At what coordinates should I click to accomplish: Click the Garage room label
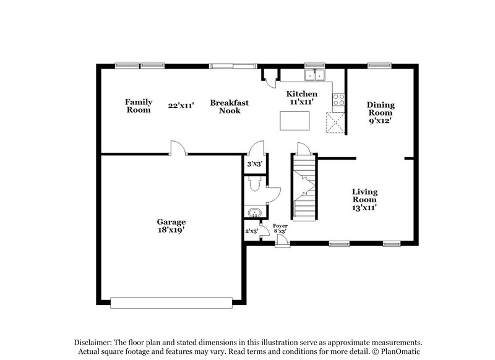171,221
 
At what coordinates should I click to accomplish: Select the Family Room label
138,106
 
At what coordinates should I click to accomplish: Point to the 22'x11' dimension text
181,106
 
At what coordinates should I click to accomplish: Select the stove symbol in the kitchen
338,98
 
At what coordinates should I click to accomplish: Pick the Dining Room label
381,109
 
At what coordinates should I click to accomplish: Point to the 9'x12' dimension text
381,121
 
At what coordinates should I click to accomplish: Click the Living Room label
365,195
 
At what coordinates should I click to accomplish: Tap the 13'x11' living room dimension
365,208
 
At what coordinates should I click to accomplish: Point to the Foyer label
280,226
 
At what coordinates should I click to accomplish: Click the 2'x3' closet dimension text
251,231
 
